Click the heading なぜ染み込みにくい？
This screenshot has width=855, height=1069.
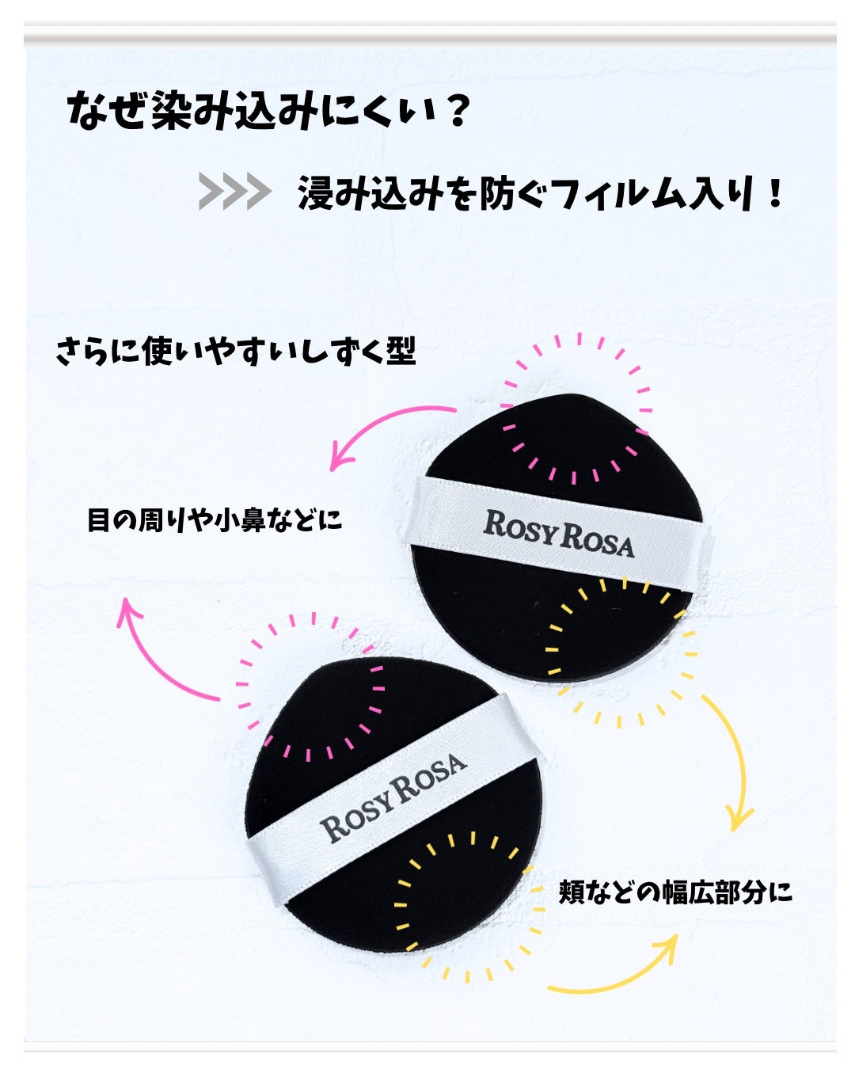click(269, 112)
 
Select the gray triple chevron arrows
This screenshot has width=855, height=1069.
click(234, 192)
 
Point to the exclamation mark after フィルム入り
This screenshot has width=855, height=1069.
click(775, 194)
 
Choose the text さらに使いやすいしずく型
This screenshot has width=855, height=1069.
click(235, 351)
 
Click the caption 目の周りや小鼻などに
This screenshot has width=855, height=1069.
click(215, 520)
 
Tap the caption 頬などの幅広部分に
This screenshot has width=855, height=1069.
click(675, 892)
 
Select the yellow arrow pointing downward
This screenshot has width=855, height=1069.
click(732, 760)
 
